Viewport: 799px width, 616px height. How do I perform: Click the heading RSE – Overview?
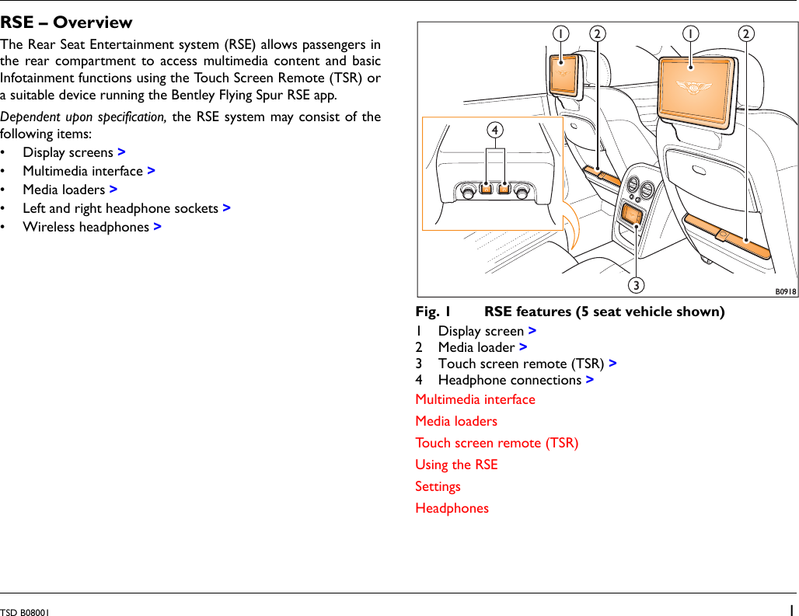pos(66,23)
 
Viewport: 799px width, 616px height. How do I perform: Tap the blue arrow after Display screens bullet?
pos(122,152)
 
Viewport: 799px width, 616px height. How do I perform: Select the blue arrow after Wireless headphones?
pos(158,227)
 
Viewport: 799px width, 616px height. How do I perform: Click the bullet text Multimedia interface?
pos(82,171)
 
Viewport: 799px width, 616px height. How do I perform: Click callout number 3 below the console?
pos(637,286)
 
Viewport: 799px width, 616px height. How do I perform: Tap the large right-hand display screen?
pos(696,89)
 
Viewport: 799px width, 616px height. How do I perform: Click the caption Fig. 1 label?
pos(434,312)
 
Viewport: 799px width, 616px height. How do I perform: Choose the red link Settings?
pos(438,486)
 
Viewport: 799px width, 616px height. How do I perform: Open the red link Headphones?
pos(452,508)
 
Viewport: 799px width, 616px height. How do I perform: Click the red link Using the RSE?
pos(456,465)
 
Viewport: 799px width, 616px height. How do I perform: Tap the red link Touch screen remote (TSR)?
pos(497,443)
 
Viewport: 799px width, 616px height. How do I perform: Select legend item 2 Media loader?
pos(476,347)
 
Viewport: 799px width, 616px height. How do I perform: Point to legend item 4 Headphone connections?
pos(509,380)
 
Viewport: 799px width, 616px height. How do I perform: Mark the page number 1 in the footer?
pos(790,610)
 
